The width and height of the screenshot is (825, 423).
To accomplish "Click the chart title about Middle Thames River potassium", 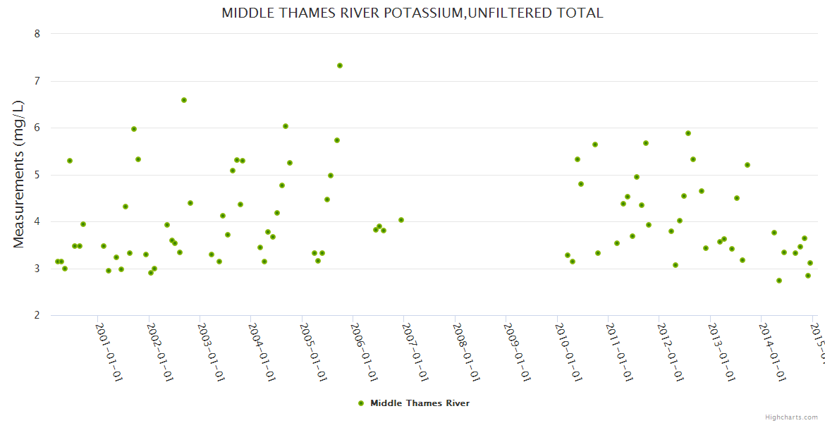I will pos(412,13).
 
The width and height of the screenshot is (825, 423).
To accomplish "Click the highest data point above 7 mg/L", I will pos(340,66).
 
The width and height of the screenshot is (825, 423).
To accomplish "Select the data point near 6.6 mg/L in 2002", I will pos(184,100).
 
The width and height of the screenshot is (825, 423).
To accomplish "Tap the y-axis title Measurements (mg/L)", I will pos(19,174).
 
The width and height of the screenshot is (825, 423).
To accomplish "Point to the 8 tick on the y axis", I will pos(37,34).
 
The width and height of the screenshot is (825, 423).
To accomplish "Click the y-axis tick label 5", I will pos(37,175).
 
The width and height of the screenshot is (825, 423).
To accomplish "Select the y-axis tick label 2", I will pos(37,315).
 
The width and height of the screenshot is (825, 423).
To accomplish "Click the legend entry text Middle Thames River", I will pos(420,403).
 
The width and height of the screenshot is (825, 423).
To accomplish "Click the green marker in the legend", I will pos(361,403).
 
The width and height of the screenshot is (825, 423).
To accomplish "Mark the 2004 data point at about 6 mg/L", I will pos(286,126).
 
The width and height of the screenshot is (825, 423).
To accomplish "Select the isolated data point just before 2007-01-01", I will pos(401,220).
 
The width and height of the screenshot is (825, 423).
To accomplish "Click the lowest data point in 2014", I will pos(779,281).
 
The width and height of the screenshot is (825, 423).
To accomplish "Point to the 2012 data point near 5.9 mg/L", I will pos(688,133).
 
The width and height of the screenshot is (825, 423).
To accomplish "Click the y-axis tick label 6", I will pos(37,128).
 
